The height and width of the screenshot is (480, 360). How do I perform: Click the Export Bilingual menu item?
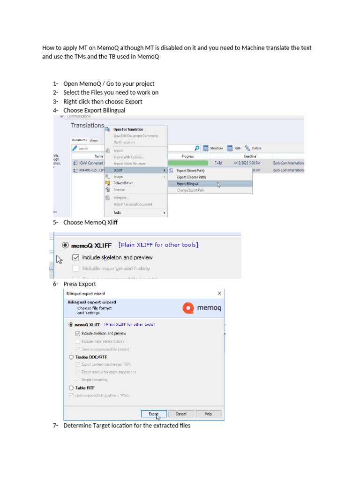pyautogui.click(x=187, y=184)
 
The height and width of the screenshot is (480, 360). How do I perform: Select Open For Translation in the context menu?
pyautogui.click(x=128, y=129)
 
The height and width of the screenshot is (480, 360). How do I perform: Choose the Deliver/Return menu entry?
pyautogui.click(x=123, y=183)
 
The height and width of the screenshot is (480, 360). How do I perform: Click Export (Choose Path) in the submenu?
pyautogui.click(x=191, y=177)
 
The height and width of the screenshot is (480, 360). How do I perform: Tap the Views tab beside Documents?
pyautogui.click(x=94, y=140)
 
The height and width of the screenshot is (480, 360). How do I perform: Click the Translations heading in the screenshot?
pyautogui.click(x=87, y=125)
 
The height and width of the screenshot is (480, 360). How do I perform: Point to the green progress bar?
pyautogui.click(x=188, y=163)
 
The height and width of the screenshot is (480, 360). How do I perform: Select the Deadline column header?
pyautogui.click(x=250, y=156)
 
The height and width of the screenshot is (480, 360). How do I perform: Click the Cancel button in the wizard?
pyautogui.click(x=181, y=414)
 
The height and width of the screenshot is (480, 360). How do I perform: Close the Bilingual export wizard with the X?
pyautogui.click(x=219, y=293)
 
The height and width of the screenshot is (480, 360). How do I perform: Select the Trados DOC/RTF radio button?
pyautogui.click(x=71, y=357)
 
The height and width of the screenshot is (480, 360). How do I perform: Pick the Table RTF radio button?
pyautogui.click(x=71, y=388)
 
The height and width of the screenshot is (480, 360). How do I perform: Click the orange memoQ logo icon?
pyautogui.click(x=188, y=308)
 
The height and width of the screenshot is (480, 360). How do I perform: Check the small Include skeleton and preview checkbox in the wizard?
pyautogui.click(x=78, y=333)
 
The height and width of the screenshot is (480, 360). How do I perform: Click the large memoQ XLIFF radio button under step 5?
pyautogui.click(x=65, y=245)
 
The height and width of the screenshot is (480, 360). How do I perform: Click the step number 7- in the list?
pyautogui.click(x=55, y=426)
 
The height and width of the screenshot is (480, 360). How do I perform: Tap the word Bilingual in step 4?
pyautogui.click(x=114, y=110)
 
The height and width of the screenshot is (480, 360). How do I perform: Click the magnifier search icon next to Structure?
pyautogui.click(x=197, y=148)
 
